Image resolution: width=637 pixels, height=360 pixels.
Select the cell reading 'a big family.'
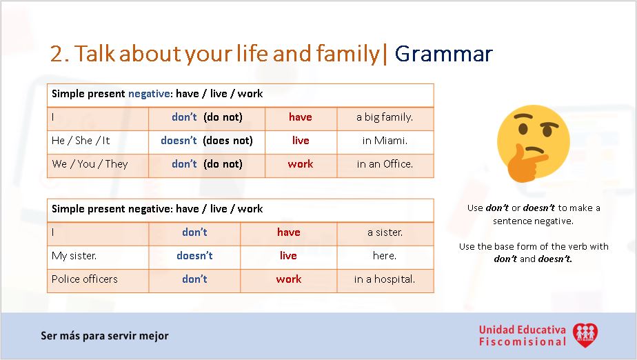point(385,117)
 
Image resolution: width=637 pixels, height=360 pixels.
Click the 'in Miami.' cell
point(385,141)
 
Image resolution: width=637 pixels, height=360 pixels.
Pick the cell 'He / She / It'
point(81,141)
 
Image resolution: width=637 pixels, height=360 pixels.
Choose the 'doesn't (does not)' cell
point(207,141)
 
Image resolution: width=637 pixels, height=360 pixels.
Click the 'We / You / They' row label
point(90,164)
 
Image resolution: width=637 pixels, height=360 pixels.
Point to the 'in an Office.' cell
point(385,164)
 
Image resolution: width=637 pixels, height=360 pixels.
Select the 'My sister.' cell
point(74,256)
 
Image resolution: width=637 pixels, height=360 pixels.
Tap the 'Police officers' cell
point(85,279)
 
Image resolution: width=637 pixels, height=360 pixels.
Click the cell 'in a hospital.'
point(385,279)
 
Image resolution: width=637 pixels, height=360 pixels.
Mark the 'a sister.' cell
point(385,232)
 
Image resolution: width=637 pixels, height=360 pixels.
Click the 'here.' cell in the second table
point(385,256)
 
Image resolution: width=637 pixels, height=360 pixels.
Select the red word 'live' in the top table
point(301,141)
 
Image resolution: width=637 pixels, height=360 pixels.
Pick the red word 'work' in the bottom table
point(289,279)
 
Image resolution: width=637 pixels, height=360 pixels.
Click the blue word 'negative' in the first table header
point(147,94)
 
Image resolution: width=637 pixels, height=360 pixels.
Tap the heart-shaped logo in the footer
point(585,335)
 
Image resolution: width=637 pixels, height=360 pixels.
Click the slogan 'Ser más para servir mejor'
point(105,336)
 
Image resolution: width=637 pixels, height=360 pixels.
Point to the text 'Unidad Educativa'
point(522,330)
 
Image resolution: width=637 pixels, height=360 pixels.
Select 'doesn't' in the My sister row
point(194,256)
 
